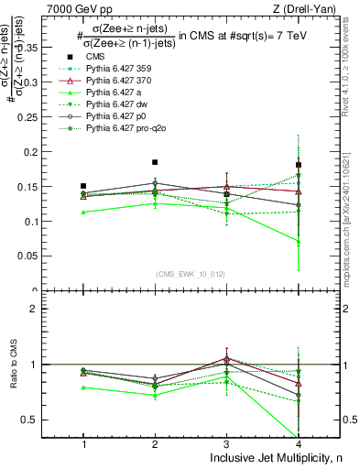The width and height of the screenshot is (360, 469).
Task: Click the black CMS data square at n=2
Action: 155,162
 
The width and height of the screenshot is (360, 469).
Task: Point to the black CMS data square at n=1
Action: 83,186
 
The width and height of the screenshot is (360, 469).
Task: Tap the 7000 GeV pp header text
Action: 73,8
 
